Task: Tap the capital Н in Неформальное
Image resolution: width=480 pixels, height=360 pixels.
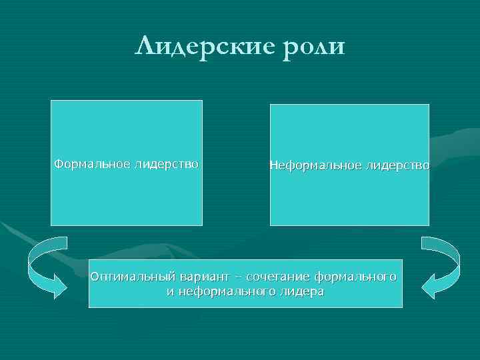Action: pyautogui.click(x=273, y=164)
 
